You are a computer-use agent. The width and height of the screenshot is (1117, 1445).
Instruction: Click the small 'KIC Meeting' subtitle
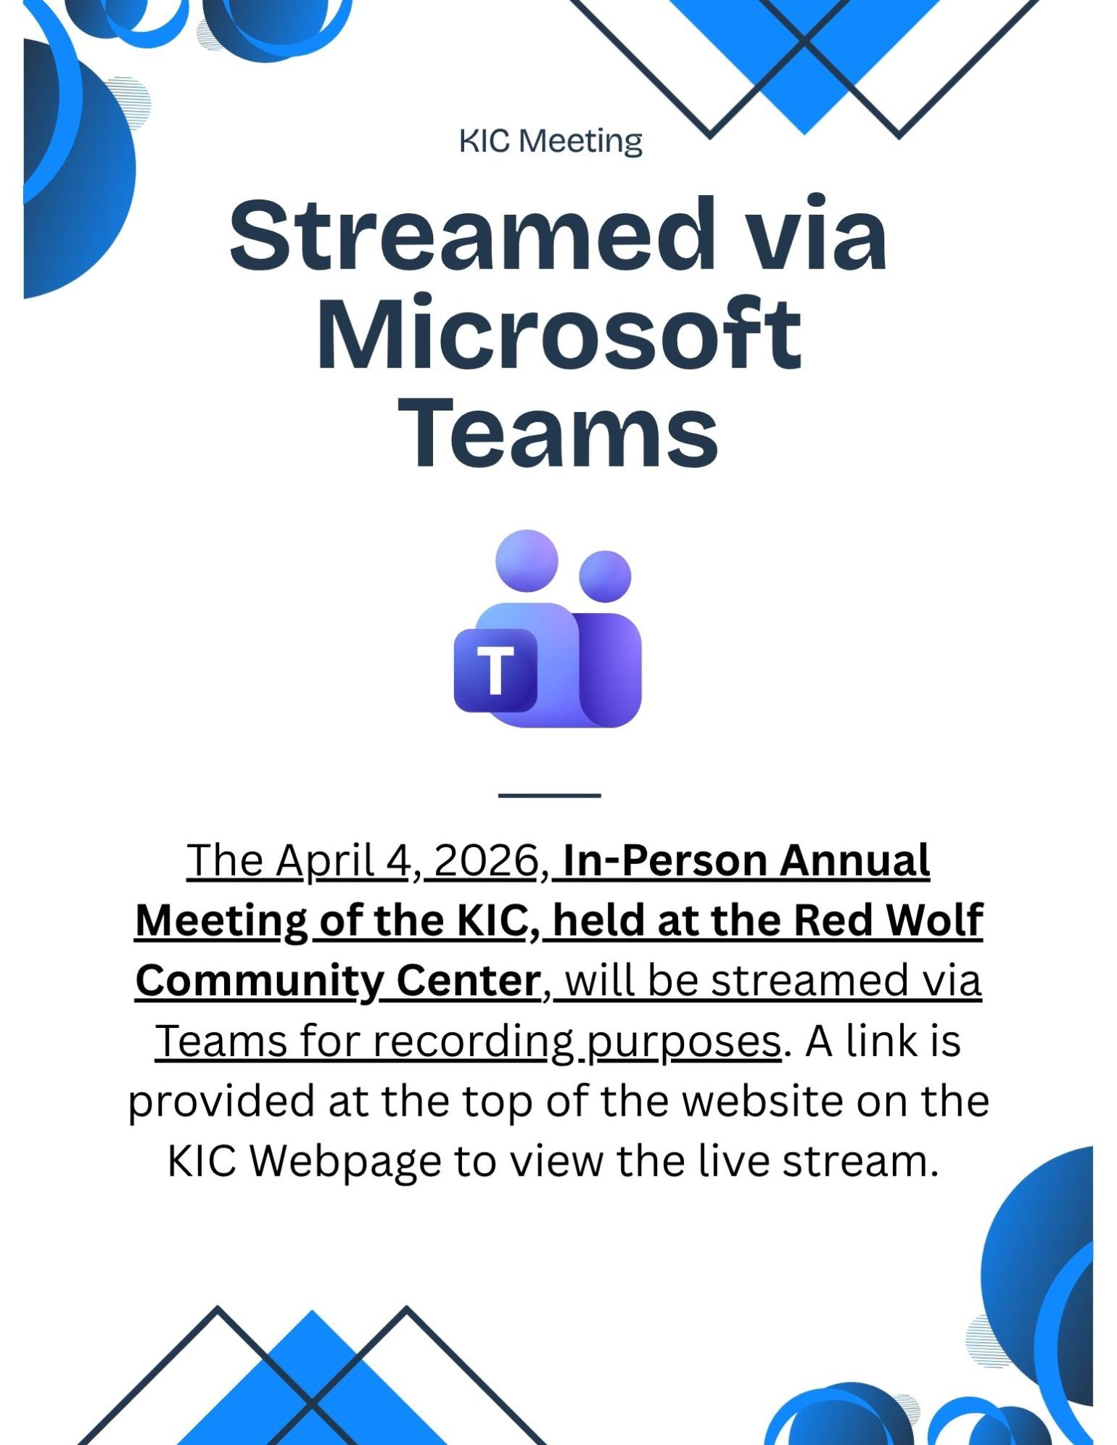[551, 142]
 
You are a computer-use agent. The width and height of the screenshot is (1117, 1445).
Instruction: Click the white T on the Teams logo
[496, 670]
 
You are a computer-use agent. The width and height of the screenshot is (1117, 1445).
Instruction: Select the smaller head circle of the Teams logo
[605, 577]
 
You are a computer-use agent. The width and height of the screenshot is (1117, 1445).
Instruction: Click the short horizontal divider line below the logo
[550, 796]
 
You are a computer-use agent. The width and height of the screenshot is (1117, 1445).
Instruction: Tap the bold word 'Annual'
[855, 861]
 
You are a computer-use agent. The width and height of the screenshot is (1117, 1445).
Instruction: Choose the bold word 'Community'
[258, 983]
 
